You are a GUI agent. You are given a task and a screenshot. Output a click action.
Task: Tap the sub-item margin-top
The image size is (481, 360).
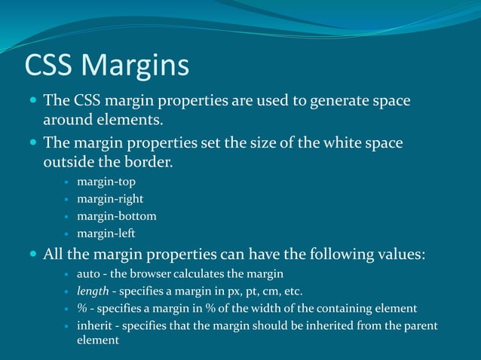tap(106, 182)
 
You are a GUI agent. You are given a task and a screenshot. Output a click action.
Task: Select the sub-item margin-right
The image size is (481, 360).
tap(110, 200)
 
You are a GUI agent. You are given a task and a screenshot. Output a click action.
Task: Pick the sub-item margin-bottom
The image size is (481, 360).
tap(117, 216)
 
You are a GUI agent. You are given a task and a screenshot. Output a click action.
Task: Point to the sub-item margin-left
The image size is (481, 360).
tap(106, 233)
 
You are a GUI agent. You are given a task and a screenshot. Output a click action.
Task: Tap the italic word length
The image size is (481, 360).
tap(93, 291)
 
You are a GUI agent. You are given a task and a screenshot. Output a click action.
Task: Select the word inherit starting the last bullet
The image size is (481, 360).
tap(93, 325)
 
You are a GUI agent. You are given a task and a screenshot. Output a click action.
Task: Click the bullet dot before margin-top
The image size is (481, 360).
tap(67, 183)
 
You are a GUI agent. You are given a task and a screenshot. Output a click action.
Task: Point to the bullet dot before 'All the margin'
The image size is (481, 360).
tap(32, 255)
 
